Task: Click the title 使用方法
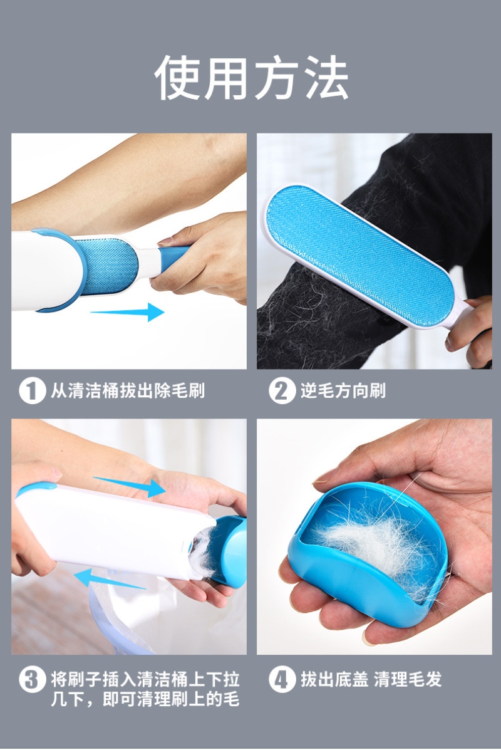(252, 77)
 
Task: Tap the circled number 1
(32, 390)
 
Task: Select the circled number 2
(281, 390)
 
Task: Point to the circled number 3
(32, 679)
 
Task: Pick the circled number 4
(281, 679)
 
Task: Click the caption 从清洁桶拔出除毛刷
(128, 391)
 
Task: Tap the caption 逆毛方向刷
(343, 391)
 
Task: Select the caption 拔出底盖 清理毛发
(371, 679)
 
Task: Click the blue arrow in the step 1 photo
(127, 312)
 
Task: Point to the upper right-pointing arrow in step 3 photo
(129, 486)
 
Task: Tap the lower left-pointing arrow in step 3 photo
(110, 578)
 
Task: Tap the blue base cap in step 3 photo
(230, 550)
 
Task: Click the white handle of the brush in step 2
(457, 313)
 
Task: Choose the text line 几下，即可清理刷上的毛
(145, 699)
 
